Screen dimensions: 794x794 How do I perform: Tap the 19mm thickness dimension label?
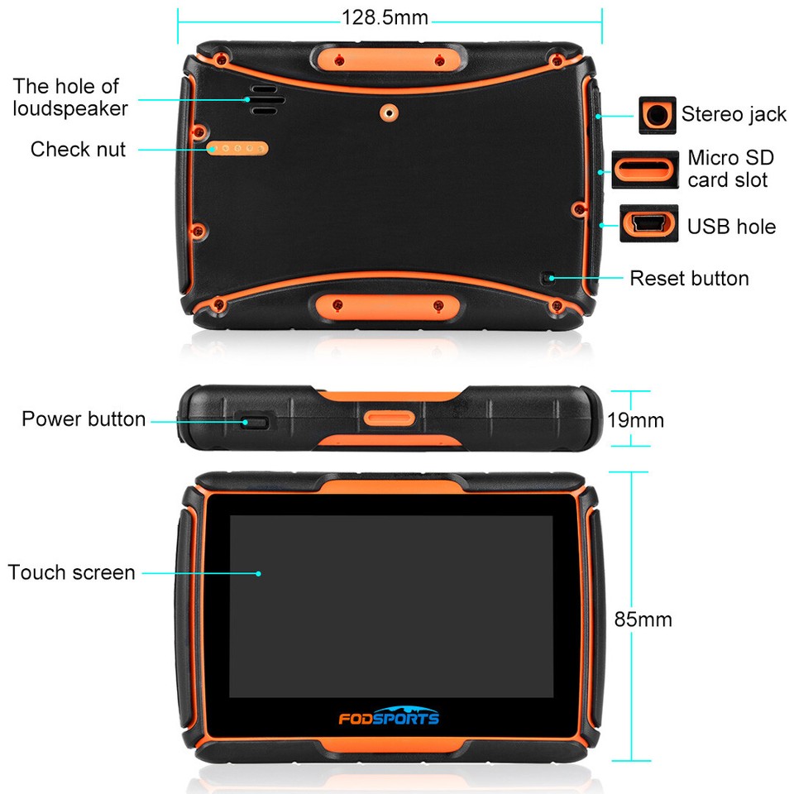tap(635, 420)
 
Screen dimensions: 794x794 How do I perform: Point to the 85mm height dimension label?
tap(643, 619)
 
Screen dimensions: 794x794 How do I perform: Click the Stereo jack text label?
tap(734, 114)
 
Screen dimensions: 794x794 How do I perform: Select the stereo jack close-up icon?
tap(658, 115)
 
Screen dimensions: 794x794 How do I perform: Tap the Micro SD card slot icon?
tap(644, 170)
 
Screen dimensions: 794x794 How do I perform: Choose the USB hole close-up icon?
tap(649, 224)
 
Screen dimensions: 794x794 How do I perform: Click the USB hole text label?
tap(732, 226)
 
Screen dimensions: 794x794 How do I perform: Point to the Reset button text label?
tap(689, 278)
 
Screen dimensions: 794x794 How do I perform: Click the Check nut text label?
tap(78, 150)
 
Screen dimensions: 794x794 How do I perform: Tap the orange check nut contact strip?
tap(238, 149)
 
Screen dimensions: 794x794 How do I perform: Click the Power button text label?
tap(84, 419)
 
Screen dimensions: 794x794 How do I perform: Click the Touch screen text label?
tap(71, 572)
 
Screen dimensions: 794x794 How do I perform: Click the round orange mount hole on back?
tap(388, 112)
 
